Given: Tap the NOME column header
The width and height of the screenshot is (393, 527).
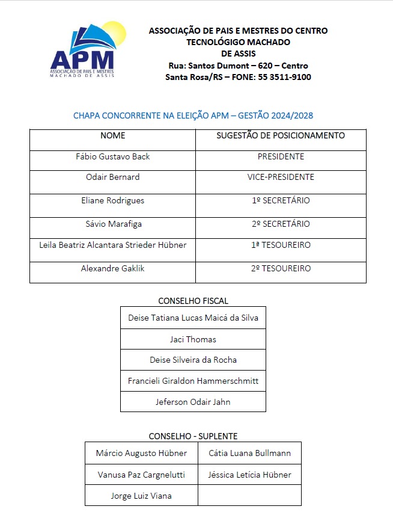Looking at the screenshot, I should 112,136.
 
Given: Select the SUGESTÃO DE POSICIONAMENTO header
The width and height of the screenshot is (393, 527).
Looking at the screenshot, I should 281,136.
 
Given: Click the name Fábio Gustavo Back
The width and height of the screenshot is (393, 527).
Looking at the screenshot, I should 112,157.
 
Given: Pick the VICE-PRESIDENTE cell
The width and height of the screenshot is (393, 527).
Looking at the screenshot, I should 281,177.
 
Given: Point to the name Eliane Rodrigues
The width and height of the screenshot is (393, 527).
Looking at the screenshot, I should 112,201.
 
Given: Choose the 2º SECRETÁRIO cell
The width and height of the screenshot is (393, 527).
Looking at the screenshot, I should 281,224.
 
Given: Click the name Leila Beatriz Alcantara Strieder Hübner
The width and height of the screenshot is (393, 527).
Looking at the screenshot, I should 112,245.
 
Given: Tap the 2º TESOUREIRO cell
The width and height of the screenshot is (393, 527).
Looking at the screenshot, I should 281,269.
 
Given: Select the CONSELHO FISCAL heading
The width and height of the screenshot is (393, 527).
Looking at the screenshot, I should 193,301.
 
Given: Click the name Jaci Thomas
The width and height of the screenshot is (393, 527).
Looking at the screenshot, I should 193,340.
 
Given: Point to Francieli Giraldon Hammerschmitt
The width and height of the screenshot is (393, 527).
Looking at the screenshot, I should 193,381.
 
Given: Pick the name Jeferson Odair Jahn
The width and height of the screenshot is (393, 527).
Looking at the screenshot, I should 193,402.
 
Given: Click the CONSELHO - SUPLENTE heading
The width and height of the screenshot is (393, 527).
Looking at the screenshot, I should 193,436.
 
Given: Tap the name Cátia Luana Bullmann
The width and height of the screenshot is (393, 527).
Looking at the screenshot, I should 249,454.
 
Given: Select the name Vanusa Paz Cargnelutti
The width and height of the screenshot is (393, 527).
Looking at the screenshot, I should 141,475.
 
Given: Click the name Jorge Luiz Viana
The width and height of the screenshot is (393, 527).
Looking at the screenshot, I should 141,496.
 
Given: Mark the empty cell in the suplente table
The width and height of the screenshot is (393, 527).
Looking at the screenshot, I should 249,496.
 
